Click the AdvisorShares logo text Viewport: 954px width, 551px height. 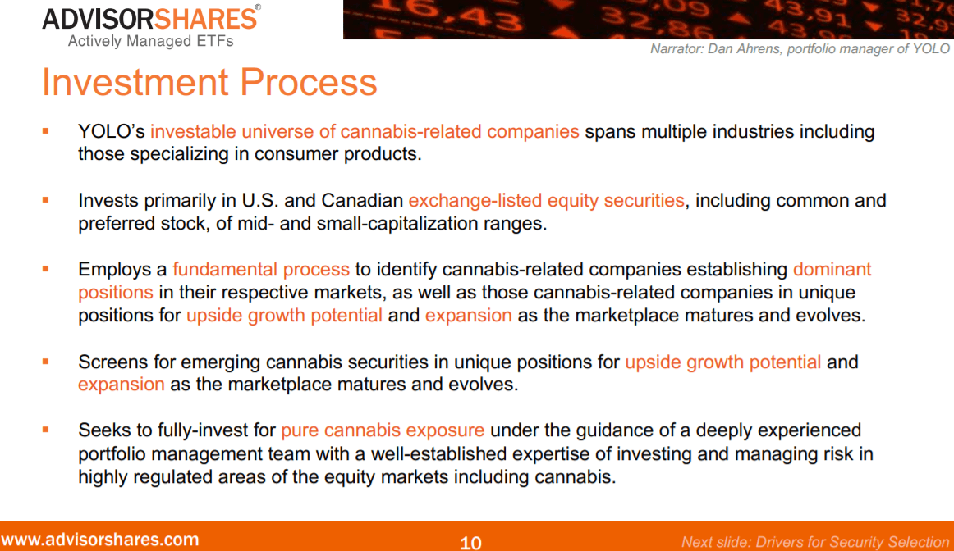[150, 18]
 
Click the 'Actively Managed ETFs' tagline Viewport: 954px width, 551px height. [150, 41]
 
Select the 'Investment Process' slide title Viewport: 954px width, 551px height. [209, 83]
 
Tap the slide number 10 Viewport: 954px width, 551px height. [470, 542]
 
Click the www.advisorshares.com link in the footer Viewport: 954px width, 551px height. [100, 540]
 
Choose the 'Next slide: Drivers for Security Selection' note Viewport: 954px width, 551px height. [814, 542]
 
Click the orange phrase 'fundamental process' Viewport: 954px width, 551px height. [261, 270]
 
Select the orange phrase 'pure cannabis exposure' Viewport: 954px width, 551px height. [383, 430]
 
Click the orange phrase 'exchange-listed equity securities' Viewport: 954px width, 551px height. [546, 201]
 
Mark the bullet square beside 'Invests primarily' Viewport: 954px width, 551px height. [46, 199]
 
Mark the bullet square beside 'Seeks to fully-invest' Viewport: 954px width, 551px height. [46, 429]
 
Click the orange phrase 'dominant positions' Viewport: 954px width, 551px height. [832, 270]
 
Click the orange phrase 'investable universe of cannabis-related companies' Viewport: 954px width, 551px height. [365, 132]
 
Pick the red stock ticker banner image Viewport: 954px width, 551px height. [648, 20]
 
